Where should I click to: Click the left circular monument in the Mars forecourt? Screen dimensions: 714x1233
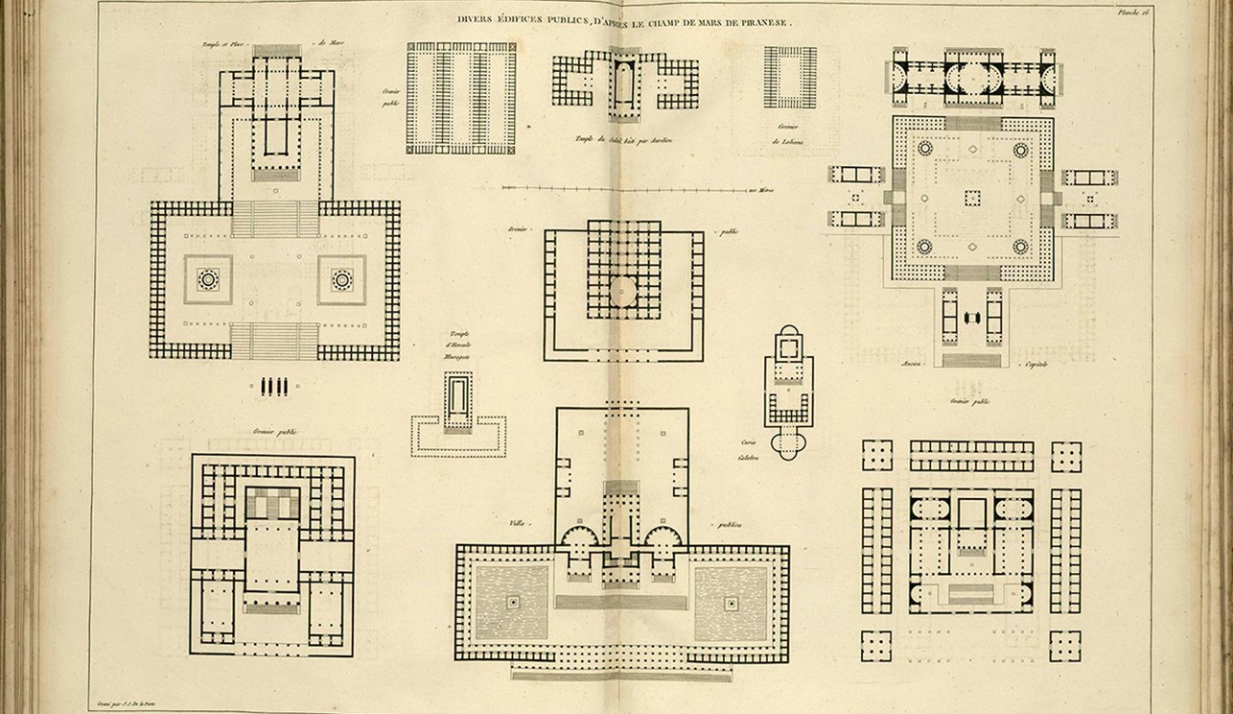pos(208,279)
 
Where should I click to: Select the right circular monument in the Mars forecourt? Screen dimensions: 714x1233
pos(341,279)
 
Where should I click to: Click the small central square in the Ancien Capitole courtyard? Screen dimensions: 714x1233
pos(972,198)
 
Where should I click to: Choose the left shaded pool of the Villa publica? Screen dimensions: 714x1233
pos(511,602)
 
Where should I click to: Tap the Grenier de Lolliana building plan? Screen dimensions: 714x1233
pos(790,77)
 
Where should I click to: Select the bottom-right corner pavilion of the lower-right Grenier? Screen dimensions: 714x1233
pos(1065,645)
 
